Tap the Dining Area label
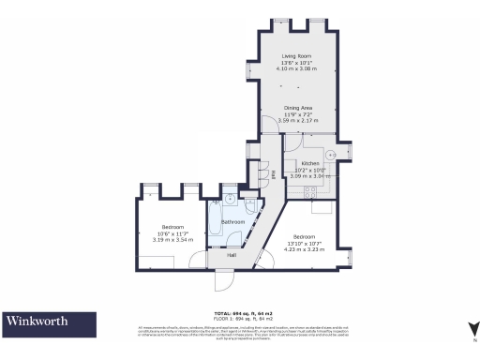click(296, 108)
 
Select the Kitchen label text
click(310, 163)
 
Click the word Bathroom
click(232, 221)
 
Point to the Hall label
click(231, 254)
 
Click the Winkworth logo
click(37, 322)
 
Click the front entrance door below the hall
click(225, 278)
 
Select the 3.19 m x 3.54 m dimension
click(172, 240)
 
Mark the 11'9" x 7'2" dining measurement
click(296, 114)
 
